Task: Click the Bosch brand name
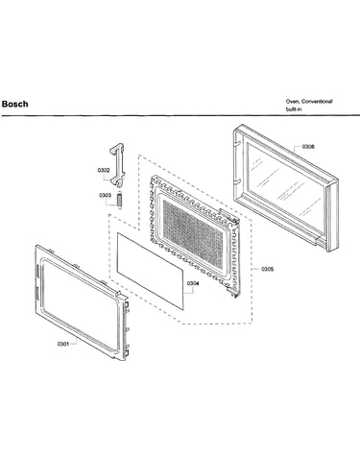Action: point(14,104)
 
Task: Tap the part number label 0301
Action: point(63,344)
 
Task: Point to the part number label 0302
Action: point(104,171)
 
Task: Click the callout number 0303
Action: point(105,195)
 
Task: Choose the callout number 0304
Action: point(193,283)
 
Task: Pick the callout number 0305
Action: point(267,269)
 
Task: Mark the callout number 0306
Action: point(308,147)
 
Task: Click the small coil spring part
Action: point(120,200)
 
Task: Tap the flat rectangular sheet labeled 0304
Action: point(151,272)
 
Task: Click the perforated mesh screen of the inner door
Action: point(193,234)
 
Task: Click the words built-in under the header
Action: point(294,109)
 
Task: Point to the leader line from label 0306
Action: point(298,148)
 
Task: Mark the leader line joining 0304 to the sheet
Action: point(189,291)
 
